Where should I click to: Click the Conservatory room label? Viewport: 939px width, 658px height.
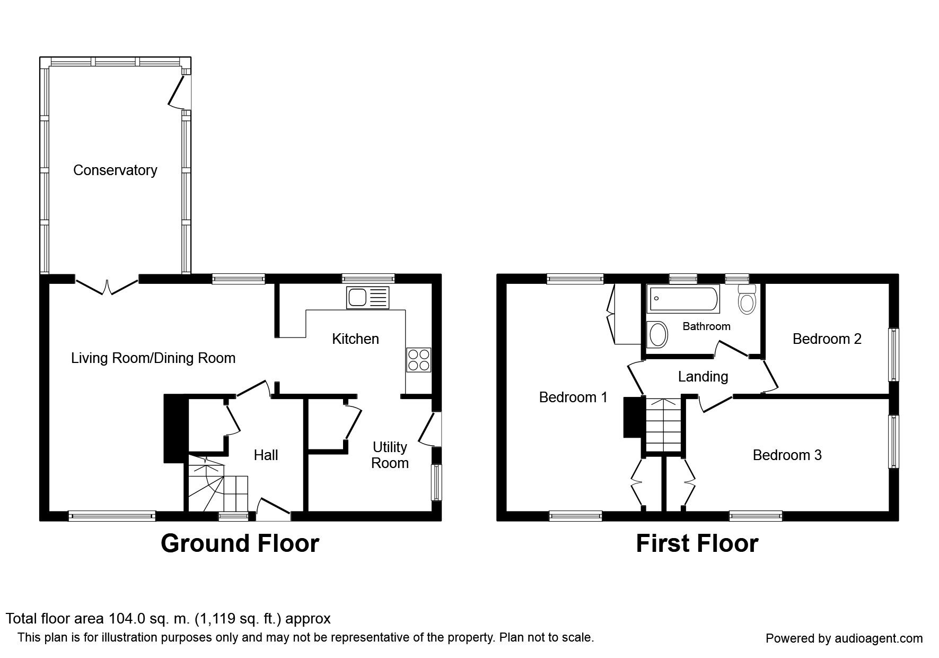pyautogui.click(x=115, y=170)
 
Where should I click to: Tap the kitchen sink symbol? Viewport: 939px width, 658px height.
pyautogui.click(x=368, y=297)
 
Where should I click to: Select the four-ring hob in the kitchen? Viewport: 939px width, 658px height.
pyautogui.click(x=419, y=360)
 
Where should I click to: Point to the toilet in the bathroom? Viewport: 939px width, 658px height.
pyautogui.click(x=747, y=299)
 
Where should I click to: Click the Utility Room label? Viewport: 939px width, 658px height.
pyautogui.click(x=390, y=455)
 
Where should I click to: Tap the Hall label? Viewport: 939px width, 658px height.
pyautogui.click(x=266, y=455)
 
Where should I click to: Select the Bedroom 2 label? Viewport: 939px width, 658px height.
pyautogui.click(x=827, y=339)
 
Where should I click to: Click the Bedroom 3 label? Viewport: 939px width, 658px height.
pyautogui.click(x=787, y=455)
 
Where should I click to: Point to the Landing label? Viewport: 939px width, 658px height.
pyautogui.click(x=703, y=377)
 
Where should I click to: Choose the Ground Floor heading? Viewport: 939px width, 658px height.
pyautogui.click(x=240, y=543)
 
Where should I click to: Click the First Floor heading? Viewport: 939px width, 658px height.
pyautogui.click(x=697, y=543)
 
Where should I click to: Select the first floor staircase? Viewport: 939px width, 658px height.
pyautogui.click(x=663, y=425)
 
